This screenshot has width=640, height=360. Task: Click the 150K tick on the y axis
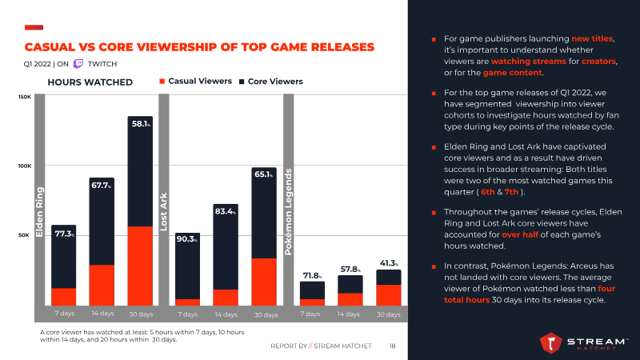click(25, 98)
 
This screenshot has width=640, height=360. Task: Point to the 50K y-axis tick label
click(25, 235)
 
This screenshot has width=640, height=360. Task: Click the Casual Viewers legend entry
click(196, 81)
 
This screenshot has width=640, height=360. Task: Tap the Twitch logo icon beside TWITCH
click(78, 63)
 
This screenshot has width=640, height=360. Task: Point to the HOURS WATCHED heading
click(90, 82)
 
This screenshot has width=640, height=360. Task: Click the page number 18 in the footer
click(393, 346)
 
